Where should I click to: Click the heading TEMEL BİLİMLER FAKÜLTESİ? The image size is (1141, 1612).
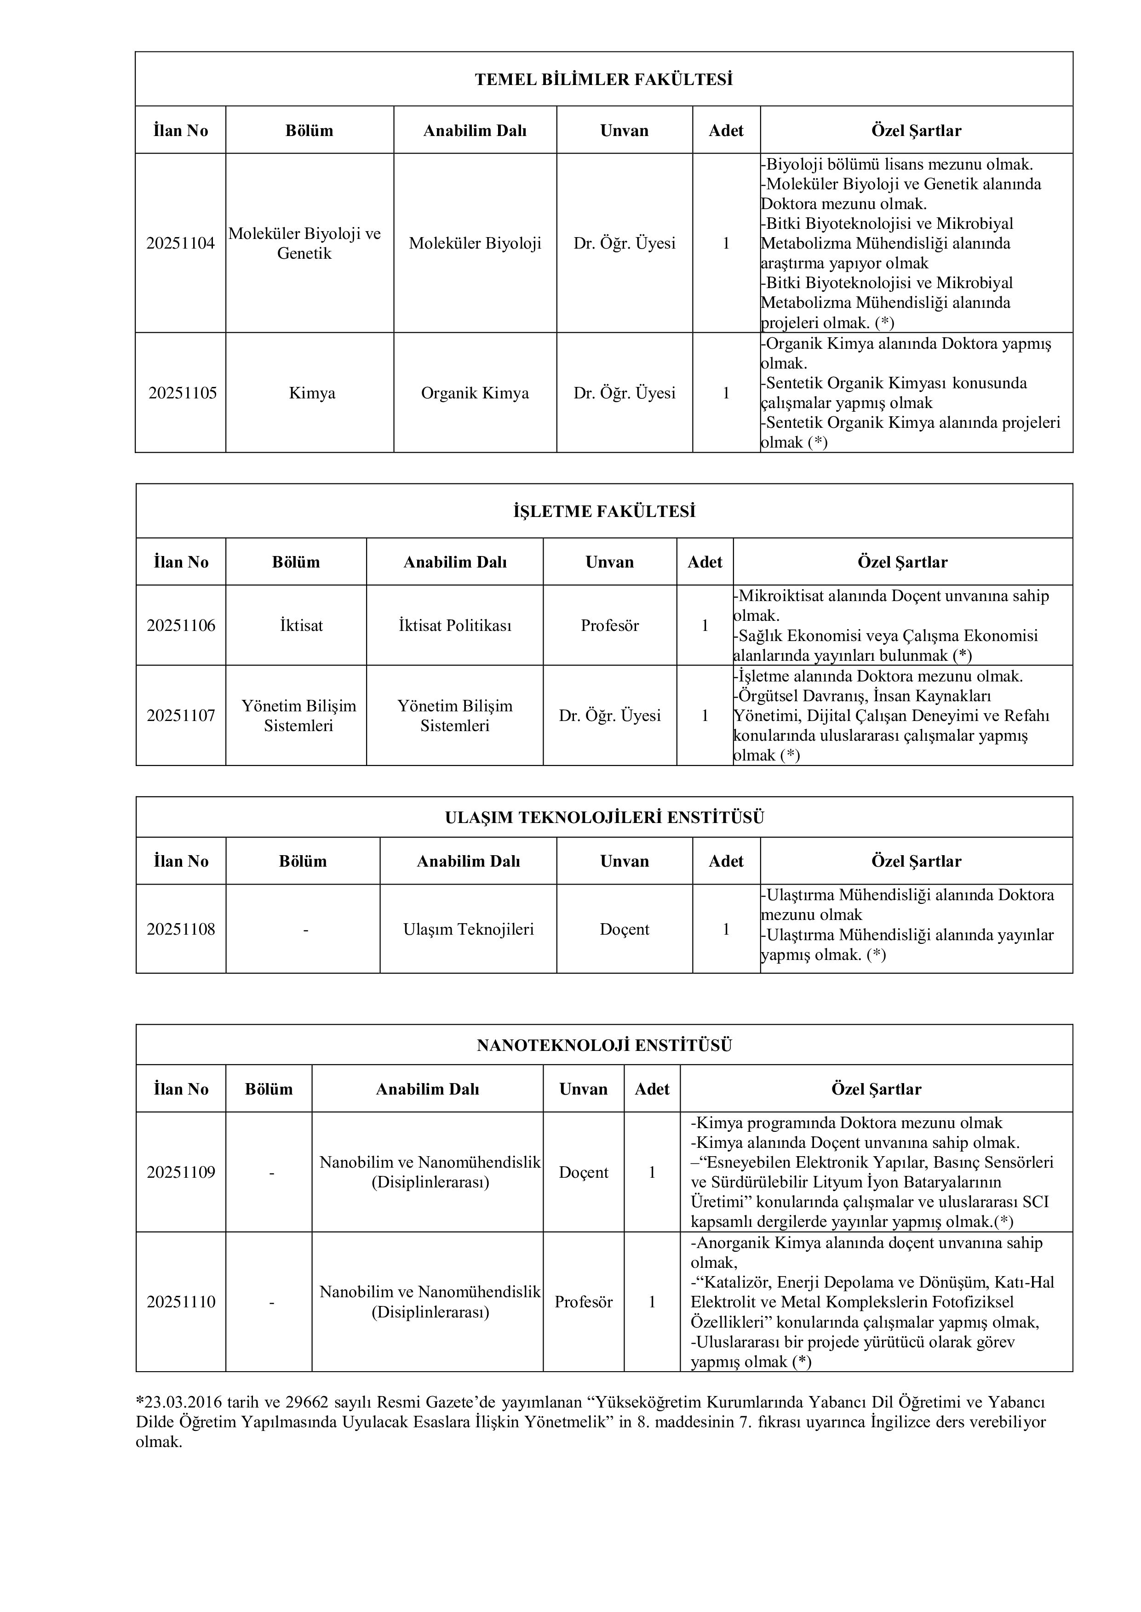click(603, 79)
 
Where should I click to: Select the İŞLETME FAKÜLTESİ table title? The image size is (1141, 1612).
click(603, 511)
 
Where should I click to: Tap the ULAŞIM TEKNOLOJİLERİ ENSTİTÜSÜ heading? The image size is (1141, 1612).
click(603, 817)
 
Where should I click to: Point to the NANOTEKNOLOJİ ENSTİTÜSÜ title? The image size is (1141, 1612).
click(603, 1045)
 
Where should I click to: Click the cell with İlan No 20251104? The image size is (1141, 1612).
click(181, 244)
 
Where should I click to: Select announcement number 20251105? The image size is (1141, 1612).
click(182, 393)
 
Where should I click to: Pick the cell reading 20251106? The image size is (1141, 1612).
click(181, 625)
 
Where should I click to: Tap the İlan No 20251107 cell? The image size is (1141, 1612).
click(181, 715)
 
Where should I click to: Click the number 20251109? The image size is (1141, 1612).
click(181, 1173)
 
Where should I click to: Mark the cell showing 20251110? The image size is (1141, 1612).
click(181, 1302)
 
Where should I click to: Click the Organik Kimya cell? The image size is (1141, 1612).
click(475, 393)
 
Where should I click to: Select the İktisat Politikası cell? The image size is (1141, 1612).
click(454, 625)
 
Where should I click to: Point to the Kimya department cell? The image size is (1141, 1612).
click(312, 393)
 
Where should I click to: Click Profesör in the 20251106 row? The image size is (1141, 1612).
click(609, 625)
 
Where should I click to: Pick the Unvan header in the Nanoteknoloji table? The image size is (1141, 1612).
click(583, 1089)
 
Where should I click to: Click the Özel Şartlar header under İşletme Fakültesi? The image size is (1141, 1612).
click(902, 562)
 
